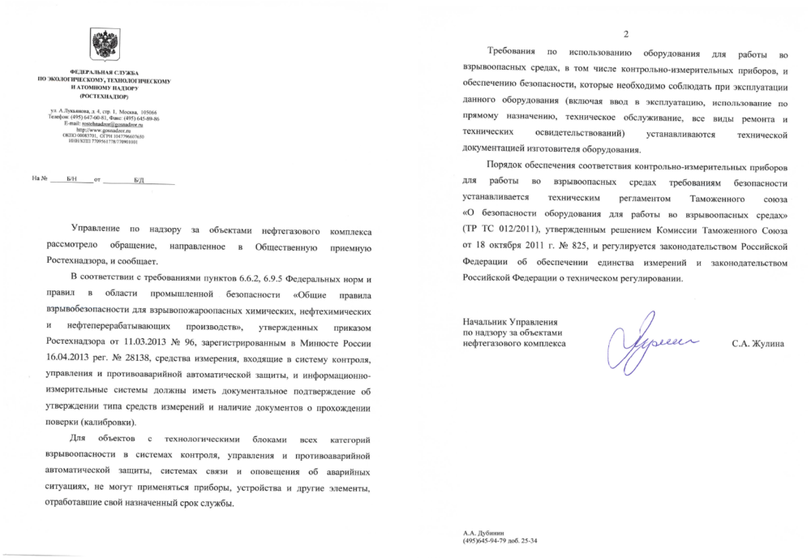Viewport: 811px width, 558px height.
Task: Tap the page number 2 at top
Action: pyautogui.click(x=625, y=33)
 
